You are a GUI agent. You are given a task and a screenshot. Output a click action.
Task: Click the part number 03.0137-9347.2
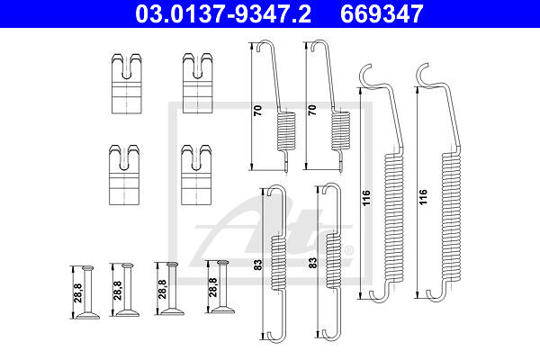tap(223, 13)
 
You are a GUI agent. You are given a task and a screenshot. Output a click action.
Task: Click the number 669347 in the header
tap(382, 13)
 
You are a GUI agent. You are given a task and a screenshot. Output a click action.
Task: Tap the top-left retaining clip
tap(127, 84)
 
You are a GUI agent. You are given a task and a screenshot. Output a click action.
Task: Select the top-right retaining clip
tap(197, 83)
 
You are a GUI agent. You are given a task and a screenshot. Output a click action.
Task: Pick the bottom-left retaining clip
tap(124, 175)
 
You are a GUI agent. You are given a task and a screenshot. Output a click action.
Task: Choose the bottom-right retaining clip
tap(196, 175)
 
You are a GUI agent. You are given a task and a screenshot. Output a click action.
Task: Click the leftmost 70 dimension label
tap(257, 110)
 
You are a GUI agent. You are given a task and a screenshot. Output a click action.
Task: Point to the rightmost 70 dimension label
tap(312, 110)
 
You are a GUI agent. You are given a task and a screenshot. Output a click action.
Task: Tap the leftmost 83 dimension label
tap(258, 265)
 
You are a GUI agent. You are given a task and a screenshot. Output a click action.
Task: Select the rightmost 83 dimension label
tap(312, 263)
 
